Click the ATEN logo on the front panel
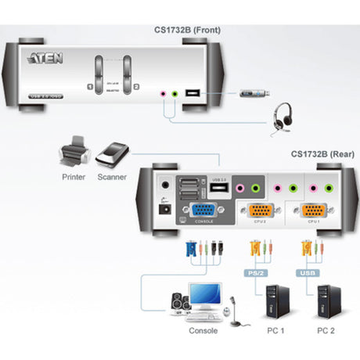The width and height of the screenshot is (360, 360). pos(41,57)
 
